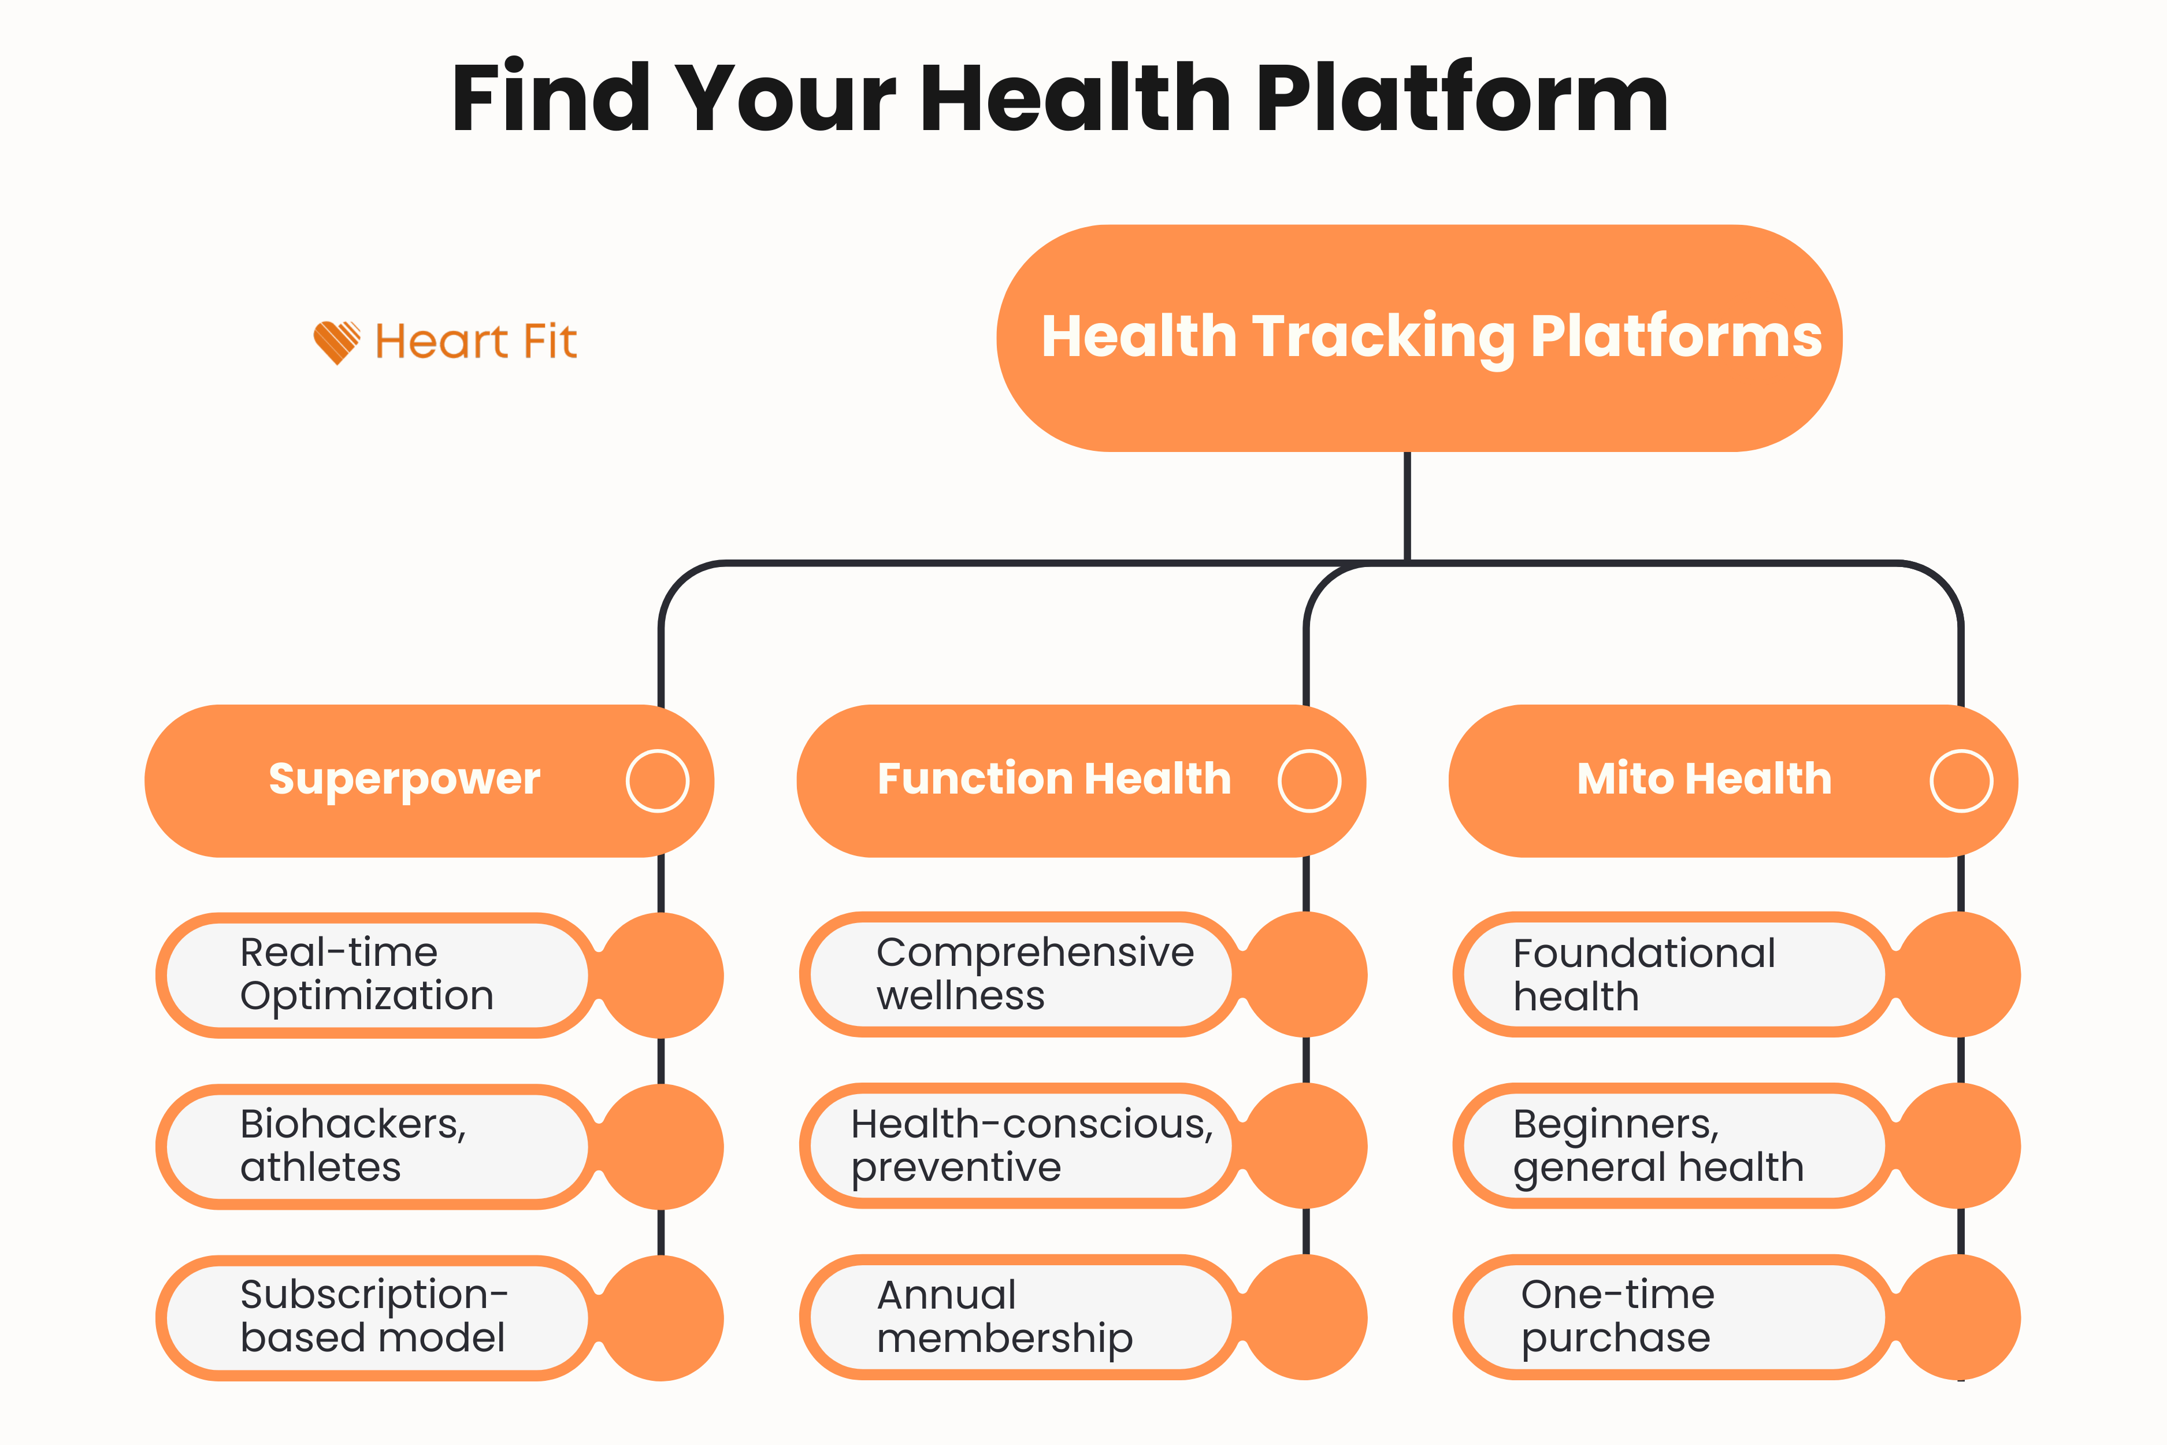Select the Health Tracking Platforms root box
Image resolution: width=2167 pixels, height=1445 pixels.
coord(1419,338)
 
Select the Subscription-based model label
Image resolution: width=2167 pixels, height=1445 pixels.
coord(373,1316)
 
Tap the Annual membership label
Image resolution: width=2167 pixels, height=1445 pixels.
coord(1004,1316)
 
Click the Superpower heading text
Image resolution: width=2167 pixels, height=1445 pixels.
coord(405,780)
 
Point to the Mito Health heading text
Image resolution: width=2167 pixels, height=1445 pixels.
coord(1705,780)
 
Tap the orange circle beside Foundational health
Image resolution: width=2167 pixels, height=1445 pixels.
coord(1961,975)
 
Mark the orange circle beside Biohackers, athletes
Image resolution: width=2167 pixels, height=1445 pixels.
coord(662,1146)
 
